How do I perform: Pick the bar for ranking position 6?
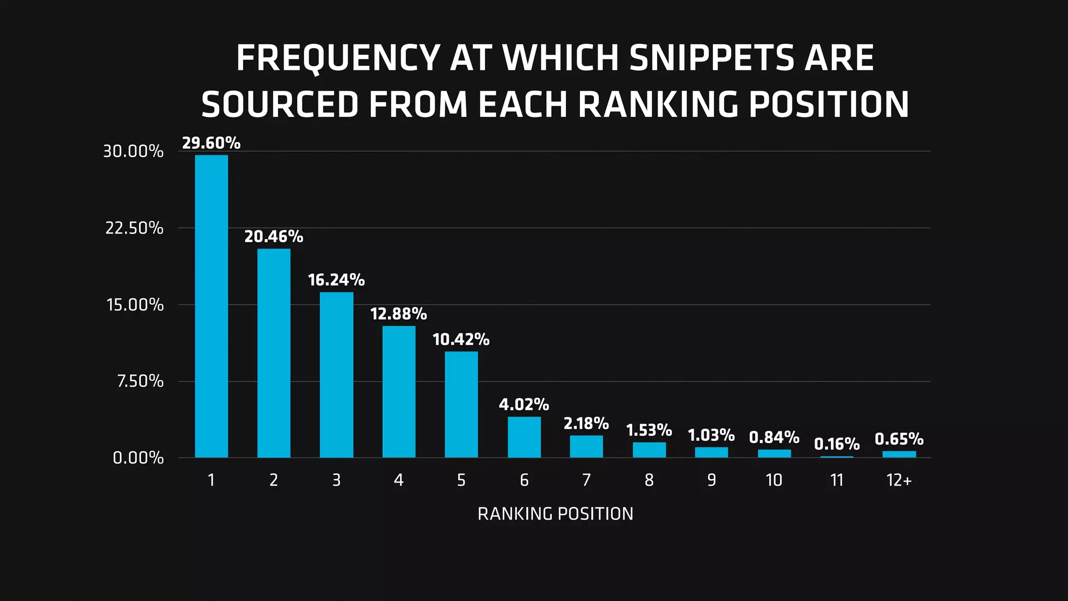pyautogui.click(x=524, y=437)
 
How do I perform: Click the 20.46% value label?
pyautogui.click(x=273, y=237)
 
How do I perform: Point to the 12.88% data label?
pyautogui.click(x=398, y=314)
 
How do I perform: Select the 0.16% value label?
pyautogui.click(x=836, y=444)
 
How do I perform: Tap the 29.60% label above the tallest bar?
pyautogui.click(x=211, y=143)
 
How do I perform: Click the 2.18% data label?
pyautogui.click(x=586, y=423)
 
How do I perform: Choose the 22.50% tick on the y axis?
pyautogui.click(x=134, y=228)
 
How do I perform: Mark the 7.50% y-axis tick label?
pyautogui.click(x=140, y=381)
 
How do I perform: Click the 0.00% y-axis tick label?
pyautogui.click(x=138, y=458)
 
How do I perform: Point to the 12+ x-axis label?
pyautogui.click(x=899, y=480)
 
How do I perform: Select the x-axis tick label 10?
pyautogui.click(x=774, y=480)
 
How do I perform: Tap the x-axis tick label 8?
pyautogui.click(x=649, y=480)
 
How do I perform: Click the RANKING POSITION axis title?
pyautogui.click(x=555, y=514)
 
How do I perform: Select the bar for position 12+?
pyautogui.click(x=899, y=454)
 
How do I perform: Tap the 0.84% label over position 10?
pyautogui.click(x=774, y=437)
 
